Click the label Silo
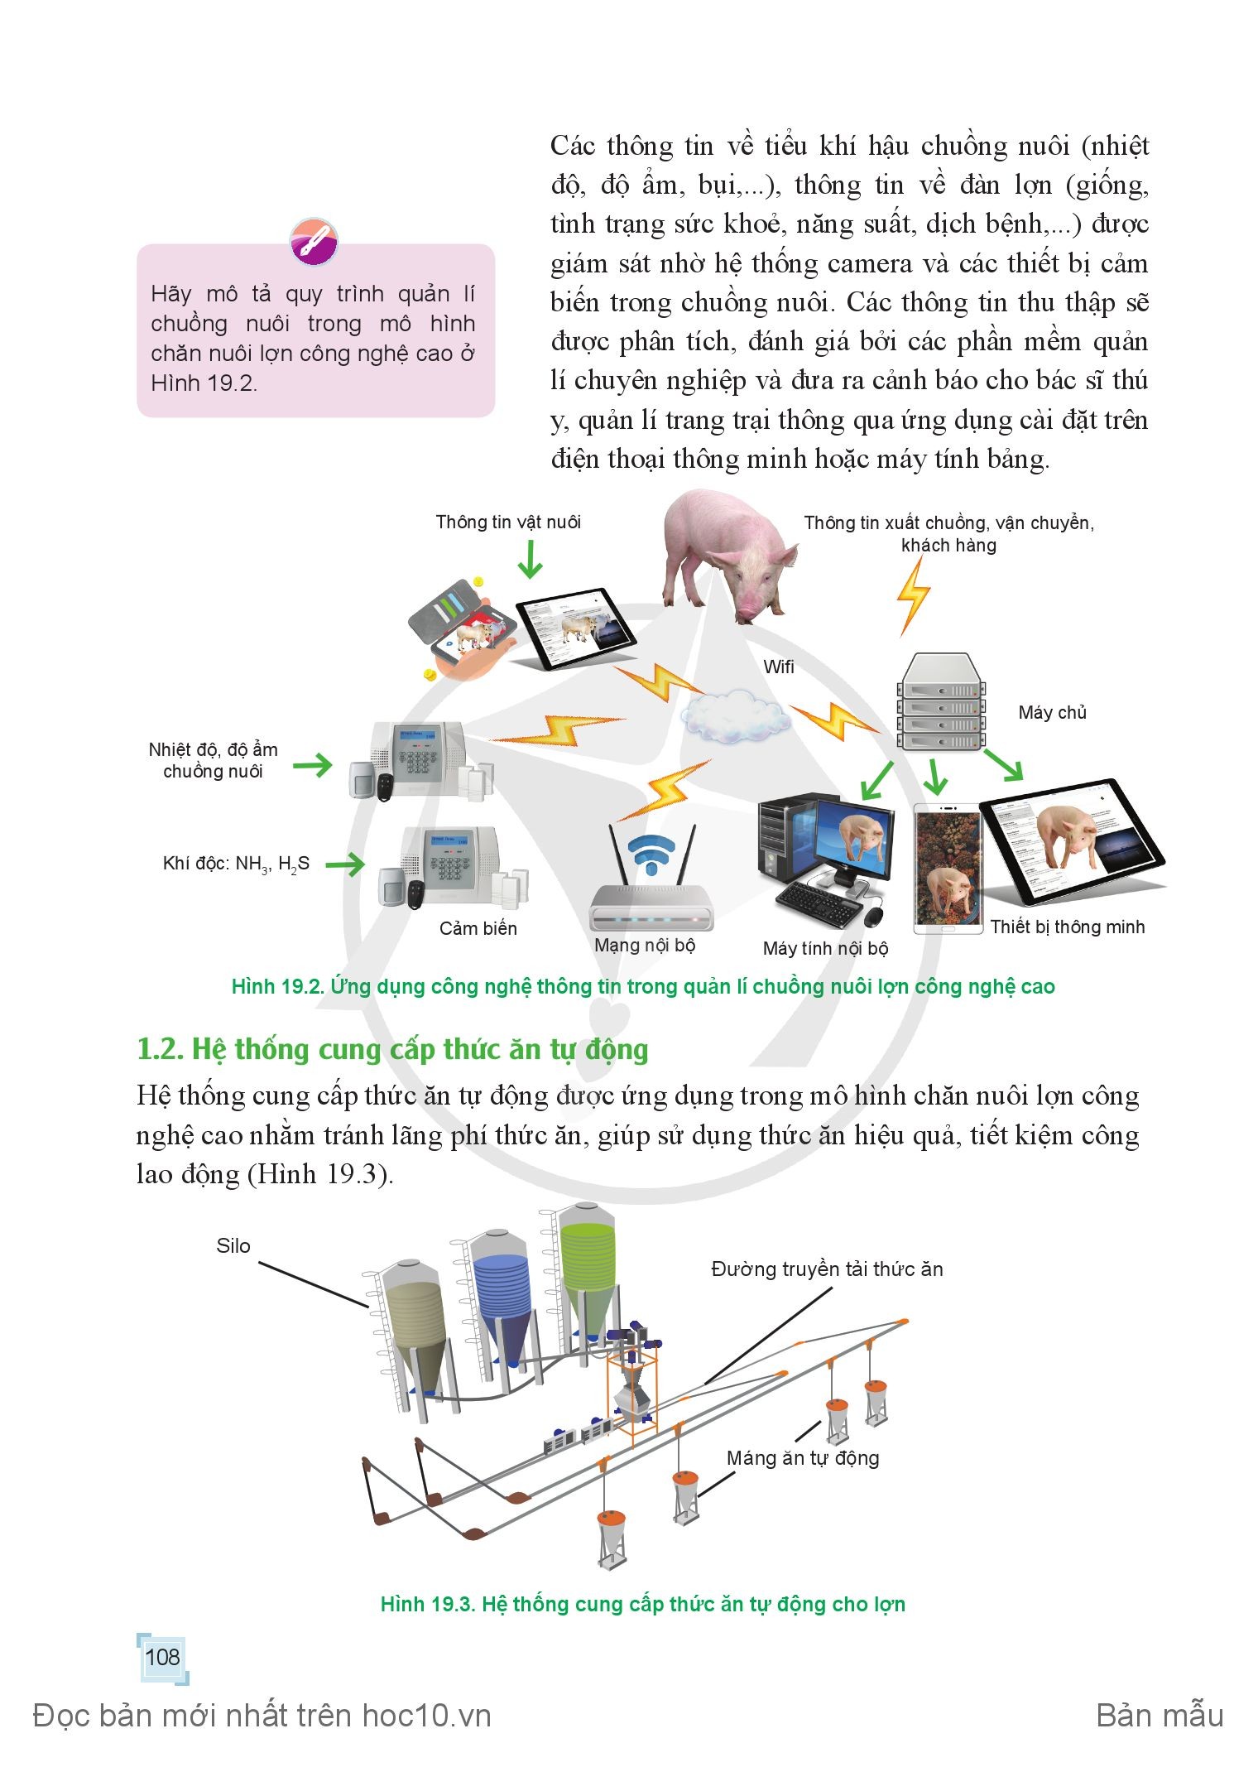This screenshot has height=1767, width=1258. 233,1246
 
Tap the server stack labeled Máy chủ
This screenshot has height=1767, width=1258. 942,701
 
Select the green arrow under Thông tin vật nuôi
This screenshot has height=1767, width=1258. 530,559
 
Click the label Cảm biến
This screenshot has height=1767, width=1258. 478,928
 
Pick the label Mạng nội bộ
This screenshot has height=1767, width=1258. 645,945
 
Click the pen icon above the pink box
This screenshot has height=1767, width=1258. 314,242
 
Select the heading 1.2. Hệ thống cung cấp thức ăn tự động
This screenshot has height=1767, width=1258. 392,1049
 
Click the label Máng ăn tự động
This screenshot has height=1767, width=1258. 803,1457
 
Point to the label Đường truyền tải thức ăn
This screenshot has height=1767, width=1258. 827,1269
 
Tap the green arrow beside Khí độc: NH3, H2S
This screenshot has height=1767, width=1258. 344,864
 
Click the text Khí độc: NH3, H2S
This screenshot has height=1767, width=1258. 236,864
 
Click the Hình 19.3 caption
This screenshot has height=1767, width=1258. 642,1604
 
